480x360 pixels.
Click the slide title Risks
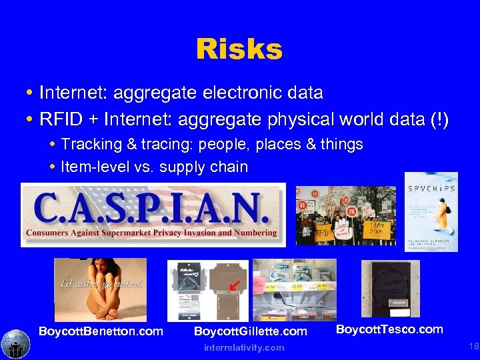click(239, 49)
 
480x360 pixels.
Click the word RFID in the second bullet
click(61, 121)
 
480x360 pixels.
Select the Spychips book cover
click(431, 211)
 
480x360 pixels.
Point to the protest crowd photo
click(345, 215)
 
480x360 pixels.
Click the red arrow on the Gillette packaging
click(232, 288)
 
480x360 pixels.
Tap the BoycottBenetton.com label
click(101, 331)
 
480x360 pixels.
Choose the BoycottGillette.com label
click(250, 331)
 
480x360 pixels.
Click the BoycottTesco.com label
click(389, 329)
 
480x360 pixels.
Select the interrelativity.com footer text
click(243, 347)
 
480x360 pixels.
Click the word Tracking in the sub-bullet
click(87, 145)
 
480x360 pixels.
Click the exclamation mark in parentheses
click(441, 121)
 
